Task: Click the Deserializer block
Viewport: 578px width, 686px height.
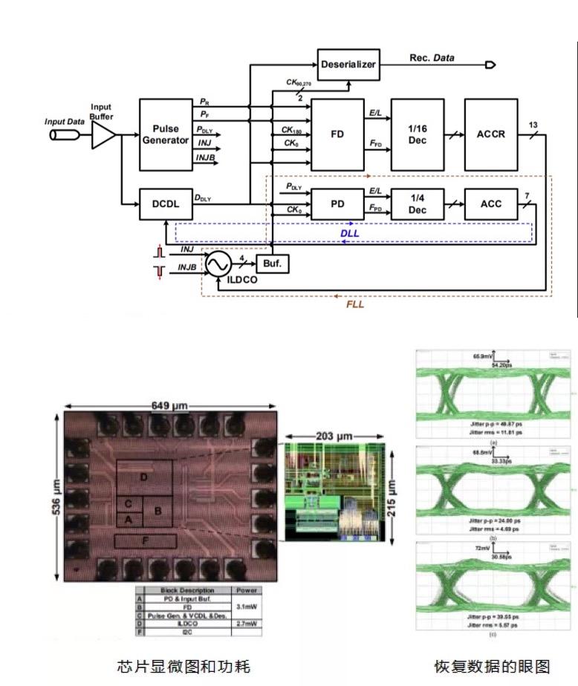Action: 348,65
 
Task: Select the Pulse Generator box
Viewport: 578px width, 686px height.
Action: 166,134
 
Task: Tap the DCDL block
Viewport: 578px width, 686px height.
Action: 166,203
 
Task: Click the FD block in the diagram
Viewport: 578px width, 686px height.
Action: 337,134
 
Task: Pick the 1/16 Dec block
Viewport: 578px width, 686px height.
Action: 417,134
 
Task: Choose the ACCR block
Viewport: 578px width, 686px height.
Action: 491,134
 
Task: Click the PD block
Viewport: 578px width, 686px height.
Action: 337,203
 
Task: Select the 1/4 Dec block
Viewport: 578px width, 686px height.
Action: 417,203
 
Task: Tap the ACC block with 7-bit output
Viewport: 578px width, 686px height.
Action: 491,203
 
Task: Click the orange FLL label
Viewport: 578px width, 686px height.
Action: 357,304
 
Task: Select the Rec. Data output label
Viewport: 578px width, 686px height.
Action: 432,58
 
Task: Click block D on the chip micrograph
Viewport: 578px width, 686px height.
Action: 144,476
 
